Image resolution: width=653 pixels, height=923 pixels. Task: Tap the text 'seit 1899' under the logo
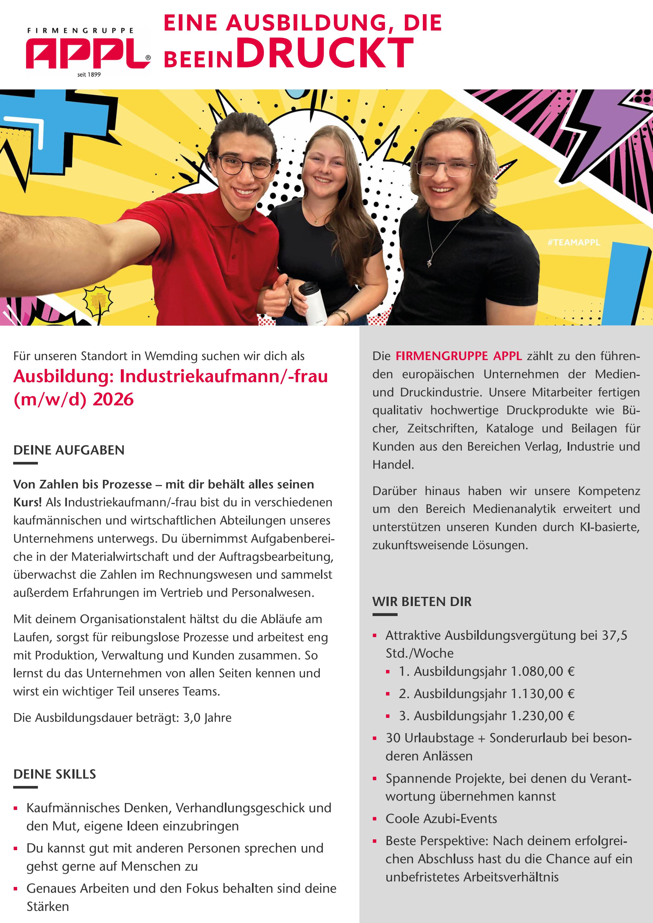click(89, 74)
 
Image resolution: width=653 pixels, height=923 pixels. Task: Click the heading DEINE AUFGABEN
click(69, 450)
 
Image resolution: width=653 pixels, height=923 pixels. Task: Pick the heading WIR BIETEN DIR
click(422, 601)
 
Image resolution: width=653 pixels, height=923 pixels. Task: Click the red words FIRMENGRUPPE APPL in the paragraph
click(459, 356)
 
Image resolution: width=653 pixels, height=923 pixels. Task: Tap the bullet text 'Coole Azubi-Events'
click(441, 819)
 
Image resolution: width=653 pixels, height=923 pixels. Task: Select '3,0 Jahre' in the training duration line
click(207, 718)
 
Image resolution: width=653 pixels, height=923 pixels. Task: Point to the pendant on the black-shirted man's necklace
click(429, 263)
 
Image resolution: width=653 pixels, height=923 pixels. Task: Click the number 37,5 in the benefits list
click(614, 635)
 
